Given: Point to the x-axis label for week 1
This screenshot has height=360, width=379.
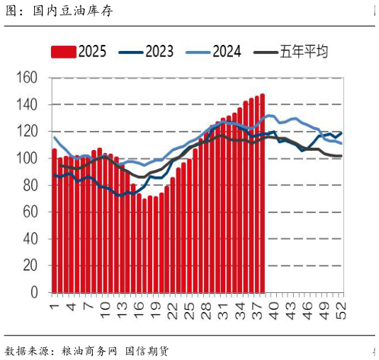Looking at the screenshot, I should click(x=54, y=306).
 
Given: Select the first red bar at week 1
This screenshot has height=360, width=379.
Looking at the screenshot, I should click(x=54, y=221).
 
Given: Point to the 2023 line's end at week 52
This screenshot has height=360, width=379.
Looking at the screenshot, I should click(x=340, y=132).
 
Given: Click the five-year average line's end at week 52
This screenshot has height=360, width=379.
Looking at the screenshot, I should click(x=340, y=156).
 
